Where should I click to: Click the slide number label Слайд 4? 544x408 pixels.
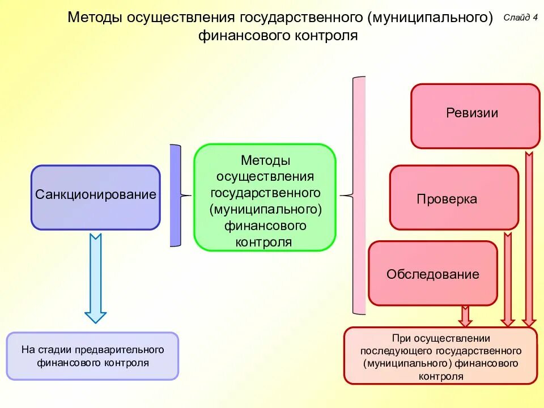[x=520, y=18]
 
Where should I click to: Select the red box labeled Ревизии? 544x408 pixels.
[x=475, y=116]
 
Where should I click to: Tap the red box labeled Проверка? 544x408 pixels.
[x=453, y=197]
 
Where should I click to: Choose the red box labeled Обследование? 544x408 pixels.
[x=432, y=273]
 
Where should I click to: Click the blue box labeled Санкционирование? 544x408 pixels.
[x=96, y=197]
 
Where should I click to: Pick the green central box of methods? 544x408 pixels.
[x=265, y=197]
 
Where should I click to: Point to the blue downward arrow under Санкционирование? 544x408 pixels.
[x=95, y=278]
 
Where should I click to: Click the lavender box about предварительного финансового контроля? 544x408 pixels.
[x=92, y=355]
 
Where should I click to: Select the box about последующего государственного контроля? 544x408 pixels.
[x=440, y=356]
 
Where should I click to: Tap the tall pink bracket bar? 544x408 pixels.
[x=359, y=195]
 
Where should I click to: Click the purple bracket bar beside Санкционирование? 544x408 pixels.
[x=175, y=195]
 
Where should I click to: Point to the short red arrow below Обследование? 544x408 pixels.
[x=465, y=316]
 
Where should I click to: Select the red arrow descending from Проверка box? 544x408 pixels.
[x=507, y=278]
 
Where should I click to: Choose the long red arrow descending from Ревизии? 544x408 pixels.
[x=529, y=238]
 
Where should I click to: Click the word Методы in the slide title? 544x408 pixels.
[x=95, y=17]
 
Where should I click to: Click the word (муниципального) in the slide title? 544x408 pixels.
[x=430, y=17]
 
